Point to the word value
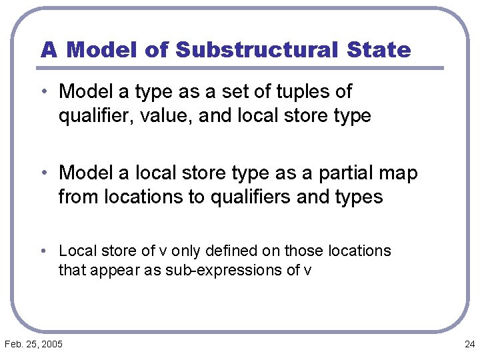tap(168, 116)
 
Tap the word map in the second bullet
tap(401, 173)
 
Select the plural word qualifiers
tap(257, 197)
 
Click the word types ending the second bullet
tap(359, 198)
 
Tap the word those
tap(302, 251)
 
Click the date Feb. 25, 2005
tap(33, 344)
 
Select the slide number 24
tap(469, 344)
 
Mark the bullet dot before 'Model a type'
tap(49, 91)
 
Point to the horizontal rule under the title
tap(240, 68)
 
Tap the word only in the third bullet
tap(186, 251)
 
